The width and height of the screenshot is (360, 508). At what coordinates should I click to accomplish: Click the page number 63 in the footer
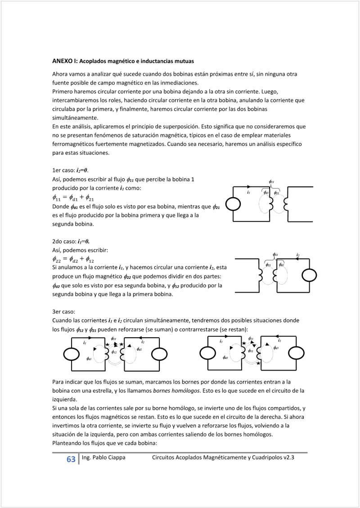coord(71,459)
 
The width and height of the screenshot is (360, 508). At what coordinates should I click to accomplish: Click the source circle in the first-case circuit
coord(234,204)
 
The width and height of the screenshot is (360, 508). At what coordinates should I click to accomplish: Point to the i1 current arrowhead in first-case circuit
coord(249,187)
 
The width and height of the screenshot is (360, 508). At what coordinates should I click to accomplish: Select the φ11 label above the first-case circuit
coord(271,181)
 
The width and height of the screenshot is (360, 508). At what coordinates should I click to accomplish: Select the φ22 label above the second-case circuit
coord(275,255)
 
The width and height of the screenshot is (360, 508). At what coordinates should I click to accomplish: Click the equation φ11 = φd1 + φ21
coord(73,197)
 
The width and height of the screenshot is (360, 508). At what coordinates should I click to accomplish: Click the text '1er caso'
coord(63,171)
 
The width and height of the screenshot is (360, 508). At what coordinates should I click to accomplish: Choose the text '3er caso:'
coord(64,312)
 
